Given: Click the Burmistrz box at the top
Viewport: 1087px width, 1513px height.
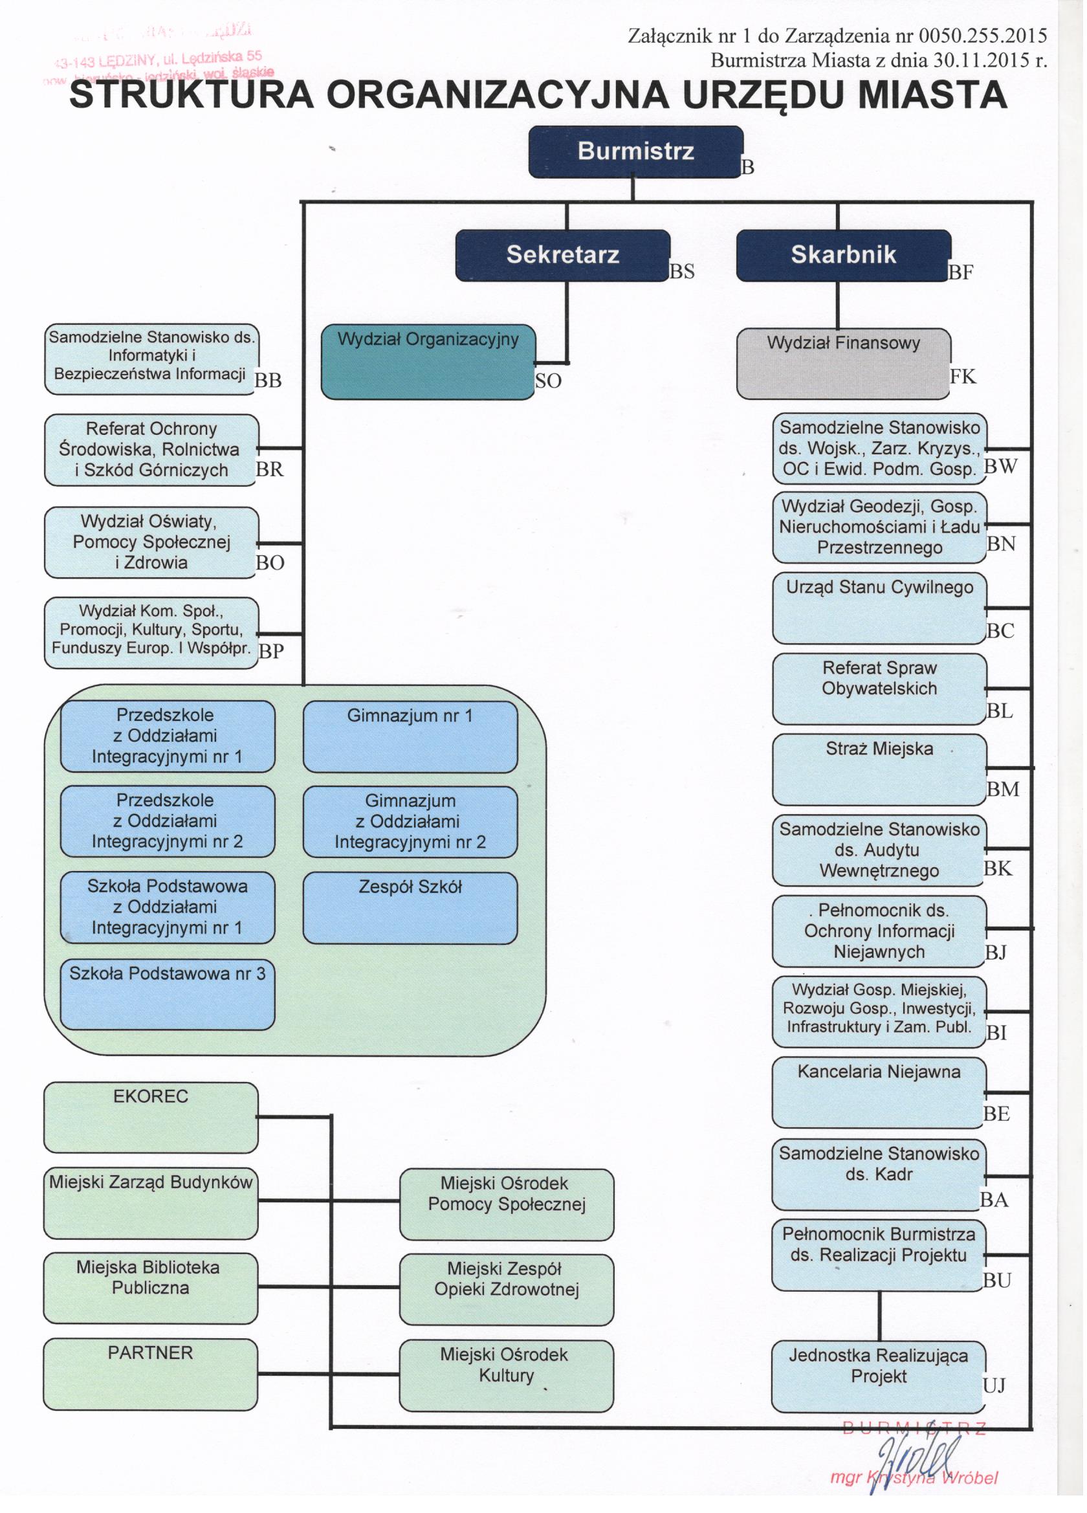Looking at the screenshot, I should point(635,151).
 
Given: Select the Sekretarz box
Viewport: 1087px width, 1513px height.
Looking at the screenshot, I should point(562,255).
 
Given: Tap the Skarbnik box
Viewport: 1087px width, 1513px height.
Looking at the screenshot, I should point(843,255).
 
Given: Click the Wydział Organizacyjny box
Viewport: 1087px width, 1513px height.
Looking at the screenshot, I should point(428,362).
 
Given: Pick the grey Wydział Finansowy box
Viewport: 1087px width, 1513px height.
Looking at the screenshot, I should point(843,363).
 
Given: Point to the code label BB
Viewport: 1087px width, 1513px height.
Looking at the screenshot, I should point(268,381).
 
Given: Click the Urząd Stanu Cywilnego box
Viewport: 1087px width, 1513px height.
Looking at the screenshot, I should point(878,607).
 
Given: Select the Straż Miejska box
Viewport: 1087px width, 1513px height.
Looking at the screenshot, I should point(878,769).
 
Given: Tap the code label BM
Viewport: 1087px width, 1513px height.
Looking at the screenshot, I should point(1002,790).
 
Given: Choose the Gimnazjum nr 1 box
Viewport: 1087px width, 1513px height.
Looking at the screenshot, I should point(410,736).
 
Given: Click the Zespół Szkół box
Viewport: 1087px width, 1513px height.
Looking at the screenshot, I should point(410,907).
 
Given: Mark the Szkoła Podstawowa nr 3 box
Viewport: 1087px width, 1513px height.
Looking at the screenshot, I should point(167,994).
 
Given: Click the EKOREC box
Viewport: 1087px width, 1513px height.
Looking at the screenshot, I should point(151,1118).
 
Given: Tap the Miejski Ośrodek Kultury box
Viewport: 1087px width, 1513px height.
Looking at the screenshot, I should point(505,1376).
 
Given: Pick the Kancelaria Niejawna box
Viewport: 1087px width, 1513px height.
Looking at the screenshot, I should point(878,1092).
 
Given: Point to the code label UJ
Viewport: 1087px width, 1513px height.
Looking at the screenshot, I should point(993,1385).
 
